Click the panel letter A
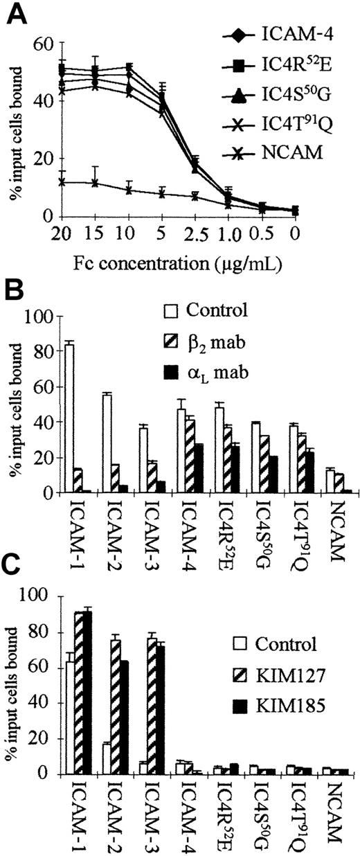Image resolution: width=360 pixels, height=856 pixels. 15,13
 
